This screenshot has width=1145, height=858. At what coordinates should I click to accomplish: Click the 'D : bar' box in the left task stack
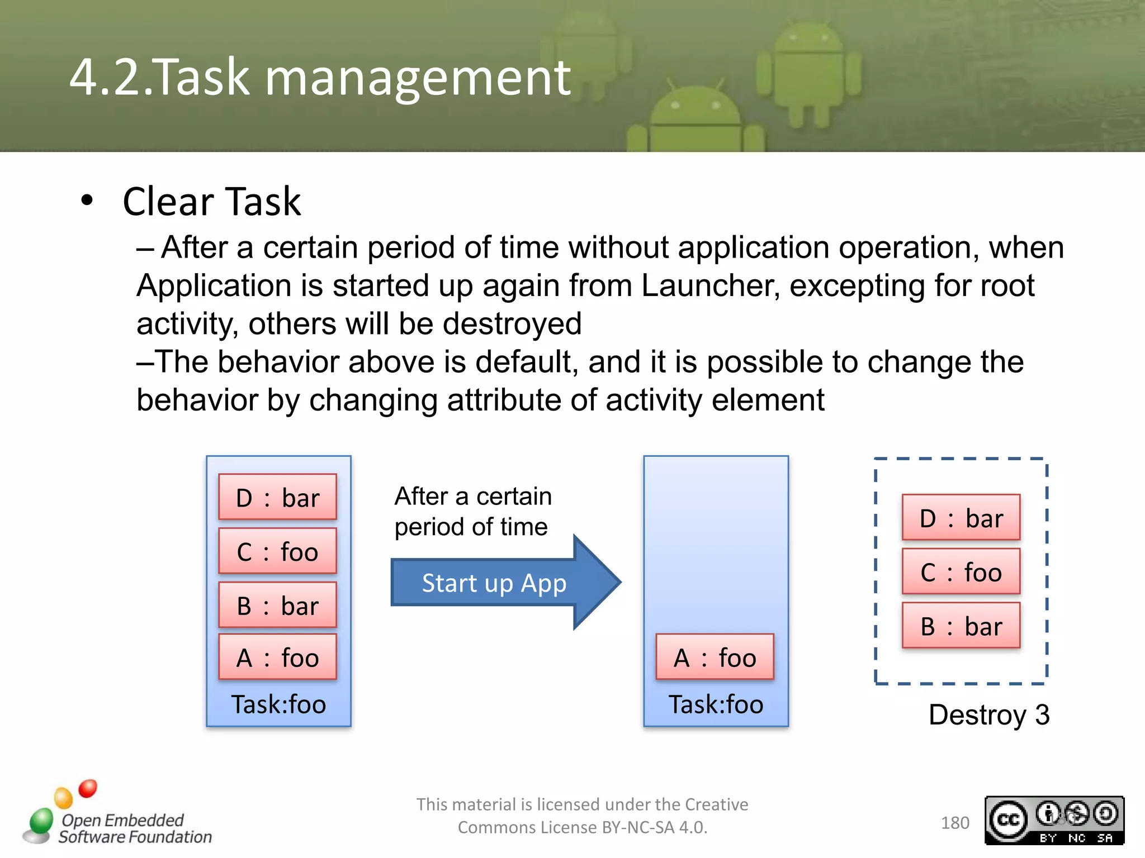click(x=277, y=497)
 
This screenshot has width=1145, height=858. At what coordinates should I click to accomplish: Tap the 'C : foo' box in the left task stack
click(x=277, y=551)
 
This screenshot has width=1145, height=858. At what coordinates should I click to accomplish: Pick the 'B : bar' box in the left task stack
click(x=277, y=606)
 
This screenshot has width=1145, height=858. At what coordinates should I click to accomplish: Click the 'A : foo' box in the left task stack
click(x=277, y=657)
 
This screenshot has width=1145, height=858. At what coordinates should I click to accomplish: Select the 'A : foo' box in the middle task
click(x=715, y=657)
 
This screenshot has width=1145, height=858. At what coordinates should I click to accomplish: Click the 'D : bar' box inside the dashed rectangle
click(x=961, y=518)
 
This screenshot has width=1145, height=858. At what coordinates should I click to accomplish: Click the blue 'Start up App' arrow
click(x=494, y=583)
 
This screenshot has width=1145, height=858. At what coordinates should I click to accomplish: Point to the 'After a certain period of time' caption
click(x=472, y=511)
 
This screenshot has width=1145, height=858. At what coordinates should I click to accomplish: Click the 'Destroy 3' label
click(x=988, y=714)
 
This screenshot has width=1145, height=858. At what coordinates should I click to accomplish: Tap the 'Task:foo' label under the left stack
click(x=278, y=704)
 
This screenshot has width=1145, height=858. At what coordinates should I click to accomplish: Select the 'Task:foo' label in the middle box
click(x=716, y=704)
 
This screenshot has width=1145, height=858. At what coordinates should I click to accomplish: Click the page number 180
click(x=954, y=823)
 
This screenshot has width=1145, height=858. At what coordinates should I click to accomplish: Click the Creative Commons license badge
click(x=1054, y=820)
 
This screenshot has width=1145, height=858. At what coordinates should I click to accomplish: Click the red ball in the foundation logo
click(x=88, y=788)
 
